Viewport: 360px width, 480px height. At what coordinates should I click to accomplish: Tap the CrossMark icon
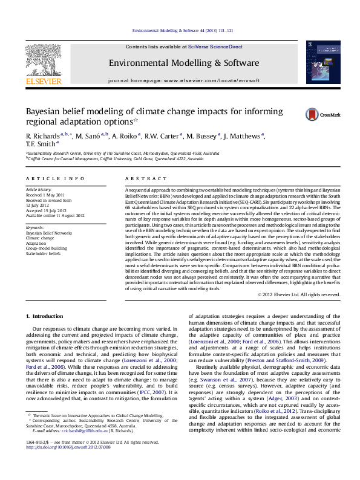pos(312,114)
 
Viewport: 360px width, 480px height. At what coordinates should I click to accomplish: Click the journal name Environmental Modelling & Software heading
pos(180,63)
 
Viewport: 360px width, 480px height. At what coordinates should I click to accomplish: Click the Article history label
pos(38,189)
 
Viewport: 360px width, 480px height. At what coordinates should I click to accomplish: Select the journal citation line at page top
pos(180,30)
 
